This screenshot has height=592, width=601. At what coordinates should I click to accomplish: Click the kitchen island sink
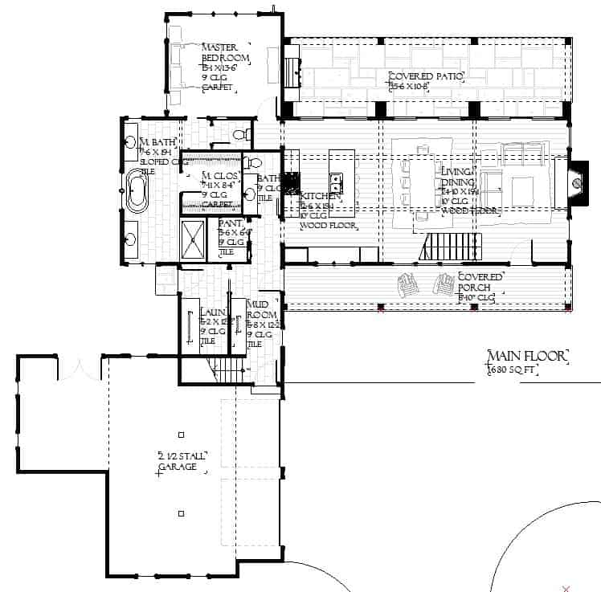point(336,179)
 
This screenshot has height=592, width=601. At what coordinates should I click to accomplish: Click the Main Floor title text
point(528,356)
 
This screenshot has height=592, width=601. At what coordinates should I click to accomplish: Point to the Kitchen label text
point(321,195)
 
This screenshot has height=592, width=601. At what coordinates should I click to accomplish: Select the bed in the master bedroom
point(178,55)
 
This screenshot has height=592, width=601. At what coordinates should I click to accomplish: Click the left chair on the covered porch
point(408,284)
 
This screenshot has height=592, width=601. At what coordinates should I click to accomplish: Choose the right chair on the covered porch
point(443,284)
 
